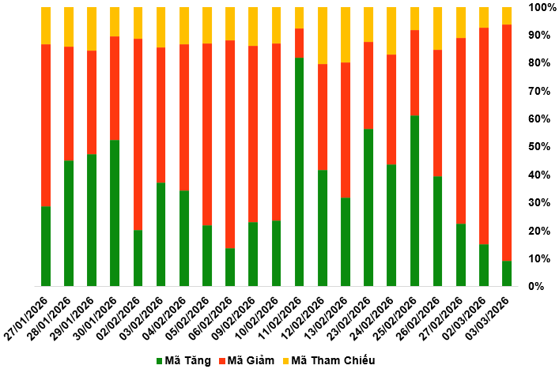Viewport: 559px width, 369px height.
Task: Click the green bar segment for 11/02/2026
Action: [x=299, y=171]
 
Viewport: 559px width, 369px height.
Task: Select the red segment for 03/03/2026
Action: [x=507, y=142]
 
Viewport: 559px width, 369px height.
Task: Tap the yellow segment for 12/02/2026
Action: [x=322, y=36]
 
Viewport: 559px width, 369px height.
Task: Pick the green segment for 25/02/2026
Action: [x=414, y=201]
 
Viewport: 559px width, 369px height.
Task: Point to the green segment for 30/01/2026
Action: [x=115, y=213]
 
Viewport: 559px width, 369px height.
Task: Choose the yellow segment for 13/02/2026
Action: [x=346, y=35]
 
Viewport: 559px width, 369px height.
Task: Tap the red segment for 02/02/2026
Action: [x=138, y=134]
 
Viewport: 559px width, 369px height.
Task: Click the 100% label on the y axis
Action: [x=540, y=7]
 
